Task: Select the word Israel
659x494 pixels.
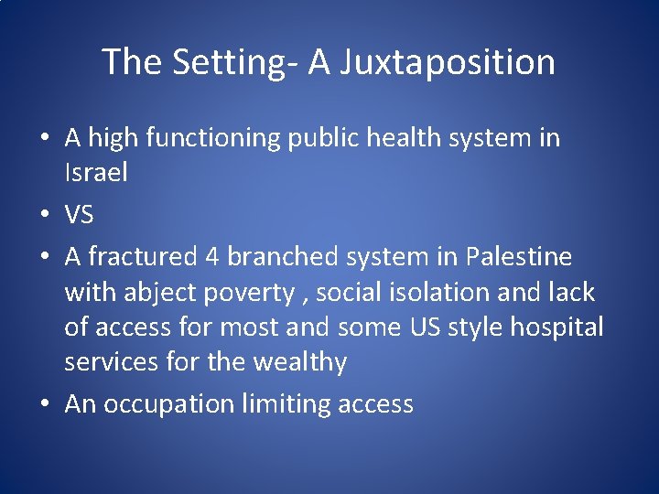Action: (x=95, y=173)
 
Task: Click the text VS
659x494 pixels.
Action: (x=81, y=215)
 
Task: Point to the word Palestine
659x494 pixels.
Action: (x=518, y=257)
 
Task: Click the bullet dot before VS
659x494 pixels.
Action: (x=43, y=216)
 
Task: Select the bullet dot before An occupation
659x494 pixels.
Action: (x=43, y=404)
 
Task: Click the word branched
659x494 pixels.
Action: (x=283, y=257)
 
